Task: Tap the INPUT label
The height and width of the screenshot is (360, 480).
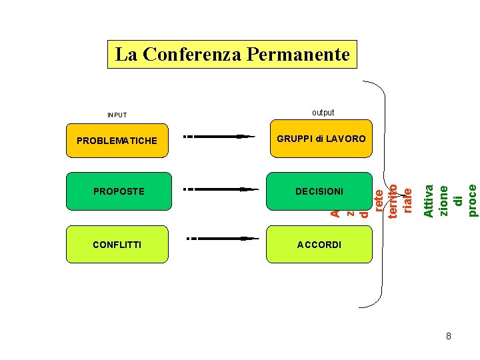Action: (x=117, y=115)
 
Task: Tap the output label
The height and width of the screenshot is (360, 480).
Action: (x=323, y=113)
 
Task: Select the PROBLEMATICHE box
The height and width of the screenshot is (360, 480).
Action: (x=117, y=140)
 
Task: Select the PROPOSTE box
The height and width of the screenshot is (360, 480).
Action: (x=118, y=191)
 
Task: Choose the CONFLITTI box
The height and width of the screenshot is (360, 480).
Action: (x=117, y=245)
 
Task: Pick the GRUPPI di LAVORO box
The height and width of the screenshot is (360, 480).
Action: (x=320, y=139)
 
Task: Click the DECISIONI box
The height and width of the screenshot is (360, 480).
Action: (x=319, y=191)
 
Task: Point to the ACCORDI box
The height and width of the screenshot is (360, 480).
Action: (x=319, y=245)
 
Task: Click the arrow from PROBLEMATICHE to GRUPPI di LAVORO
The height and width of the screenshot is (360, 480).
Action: (x=219, y=137)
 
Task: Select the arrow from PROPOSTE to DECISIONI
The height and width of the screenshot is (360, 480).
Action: (x=221, y=189)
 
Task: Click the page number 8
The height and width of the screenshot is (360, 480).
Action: (x=449, y=337)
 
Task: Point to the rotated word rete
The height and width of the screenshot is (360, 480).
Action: (x=379, y=201)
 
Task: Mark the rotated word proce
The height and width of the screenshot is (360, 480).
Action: (x=472, y=191)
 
